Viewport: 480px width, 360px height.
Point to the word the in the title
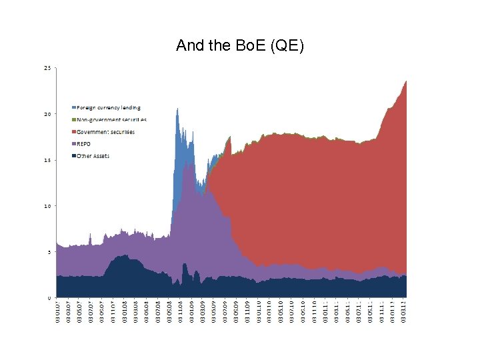pyautogui.click(x=214, y=46)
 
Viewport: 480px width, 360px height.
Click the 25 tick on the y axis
pyautogui.click(x=47, y=68)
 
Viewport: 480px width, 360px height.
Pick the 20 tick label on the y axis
pyautogui.click(x=47, y=114)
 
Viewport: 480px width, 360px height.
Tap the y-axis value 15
pyautogui.click(x=47, y=160)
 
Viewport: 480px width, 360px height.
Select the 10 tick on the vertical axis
pyautogui.click(x=47, y=206)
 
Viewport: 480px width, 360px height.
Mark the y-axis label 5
pyautogui.click(x=49, y=252)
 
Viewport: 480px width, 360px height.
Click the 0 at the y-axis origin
pyautogui.click(x=49, y=297)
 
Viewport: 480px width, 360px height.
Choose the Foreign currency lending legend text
pyautogui.click(x=109, y=107)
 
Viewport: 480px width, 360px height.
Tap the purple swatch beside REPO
pyautogui.click(x=73, y=144)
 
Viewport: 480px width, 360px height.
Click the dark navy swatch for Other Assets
pyautogui.click(x=73, y=156)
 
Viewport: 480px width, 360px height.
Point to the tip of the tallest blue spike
pyautogui.click(x=177, y=109)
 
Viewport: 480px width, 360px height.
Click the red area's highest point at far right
pyautogui.click(x=406, y=81)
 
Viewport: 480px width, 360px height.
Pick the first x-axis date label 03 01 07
pyautogui.click(x=58, y=311)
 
